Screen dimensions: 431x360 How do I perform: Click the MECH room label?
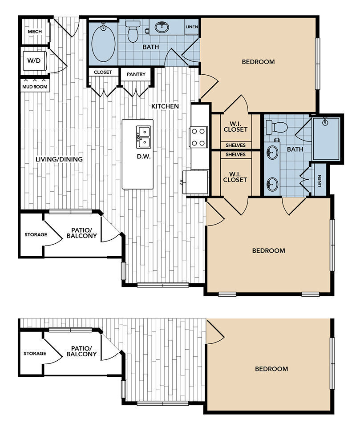coord(34,32)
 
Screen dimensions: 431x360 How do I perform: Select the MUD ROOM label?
coord(35,86)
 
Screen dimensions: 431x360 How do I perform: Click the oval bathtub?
coord(103,43)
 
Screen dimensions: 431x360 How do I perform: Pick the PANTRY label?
coord(136,74)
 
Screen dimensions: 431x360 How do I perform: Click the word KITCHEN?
coord(165,106)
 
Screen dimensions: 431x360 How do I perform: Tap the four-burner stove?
coord(198,137)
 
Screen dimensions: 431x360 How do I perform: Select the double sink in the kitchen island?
coord(143,137)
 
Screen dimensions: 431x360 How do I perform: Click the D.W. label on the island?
coord(143,157)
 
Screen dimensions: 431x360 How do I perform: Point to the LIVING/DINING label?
coord(59,159)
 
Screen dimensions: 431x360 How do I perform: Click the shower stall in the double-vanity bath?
coord(327,138)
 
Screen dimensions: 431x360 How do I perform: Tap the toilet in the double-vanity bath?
coord(277,127)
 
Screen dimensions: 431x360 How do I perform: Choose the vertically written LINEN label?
coord(320,180)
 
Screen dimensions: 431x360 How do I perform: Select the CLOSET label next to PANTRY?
coord(103,72)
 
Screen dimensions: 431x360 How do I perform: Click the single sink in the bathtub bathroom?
coord(162,28)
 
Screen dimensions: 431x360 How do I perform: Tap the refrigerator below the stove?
coord(197,182)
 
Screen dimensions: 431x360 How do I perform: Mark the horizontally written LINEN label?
coord(192,27)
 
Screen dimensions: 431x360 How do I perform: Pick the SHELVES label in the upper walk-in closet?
coord(235,145)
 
